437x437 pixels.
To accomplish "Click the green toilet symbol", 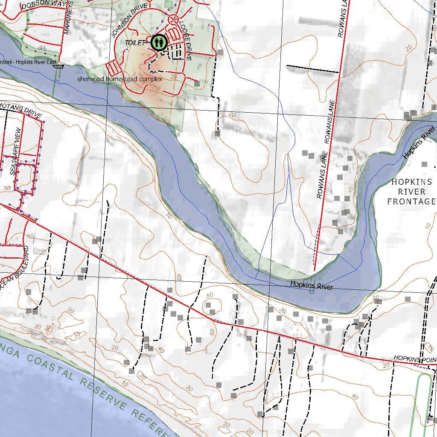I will click(x=158, y=42).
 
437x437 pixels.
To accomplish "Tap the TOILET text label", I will click(x=135, y=43).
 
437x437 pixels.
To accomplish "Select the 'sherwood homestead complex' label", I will click(x=119, y=79).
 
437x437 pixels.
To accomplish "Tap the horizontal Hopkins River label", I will click(x=311, y=286).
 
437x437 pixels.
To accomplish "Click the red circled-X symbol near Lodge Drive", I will click(x=173, y=19).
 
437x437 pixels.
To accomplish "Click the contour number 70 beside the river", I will click(x=169, y=217).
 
